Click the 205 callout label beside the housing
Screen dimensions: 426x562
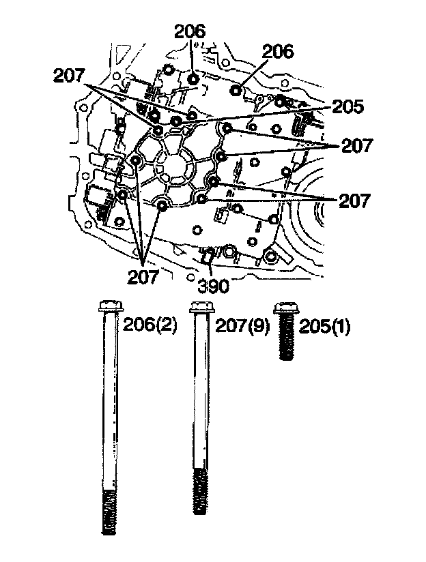pyautogui.click(x=348, y=107)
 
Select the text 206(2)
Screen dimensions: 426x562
pyautogui.click(x=150, y=326)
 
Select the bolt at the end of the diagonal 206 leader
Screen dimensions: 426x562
pyautogui.click(x=236, y=90)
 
